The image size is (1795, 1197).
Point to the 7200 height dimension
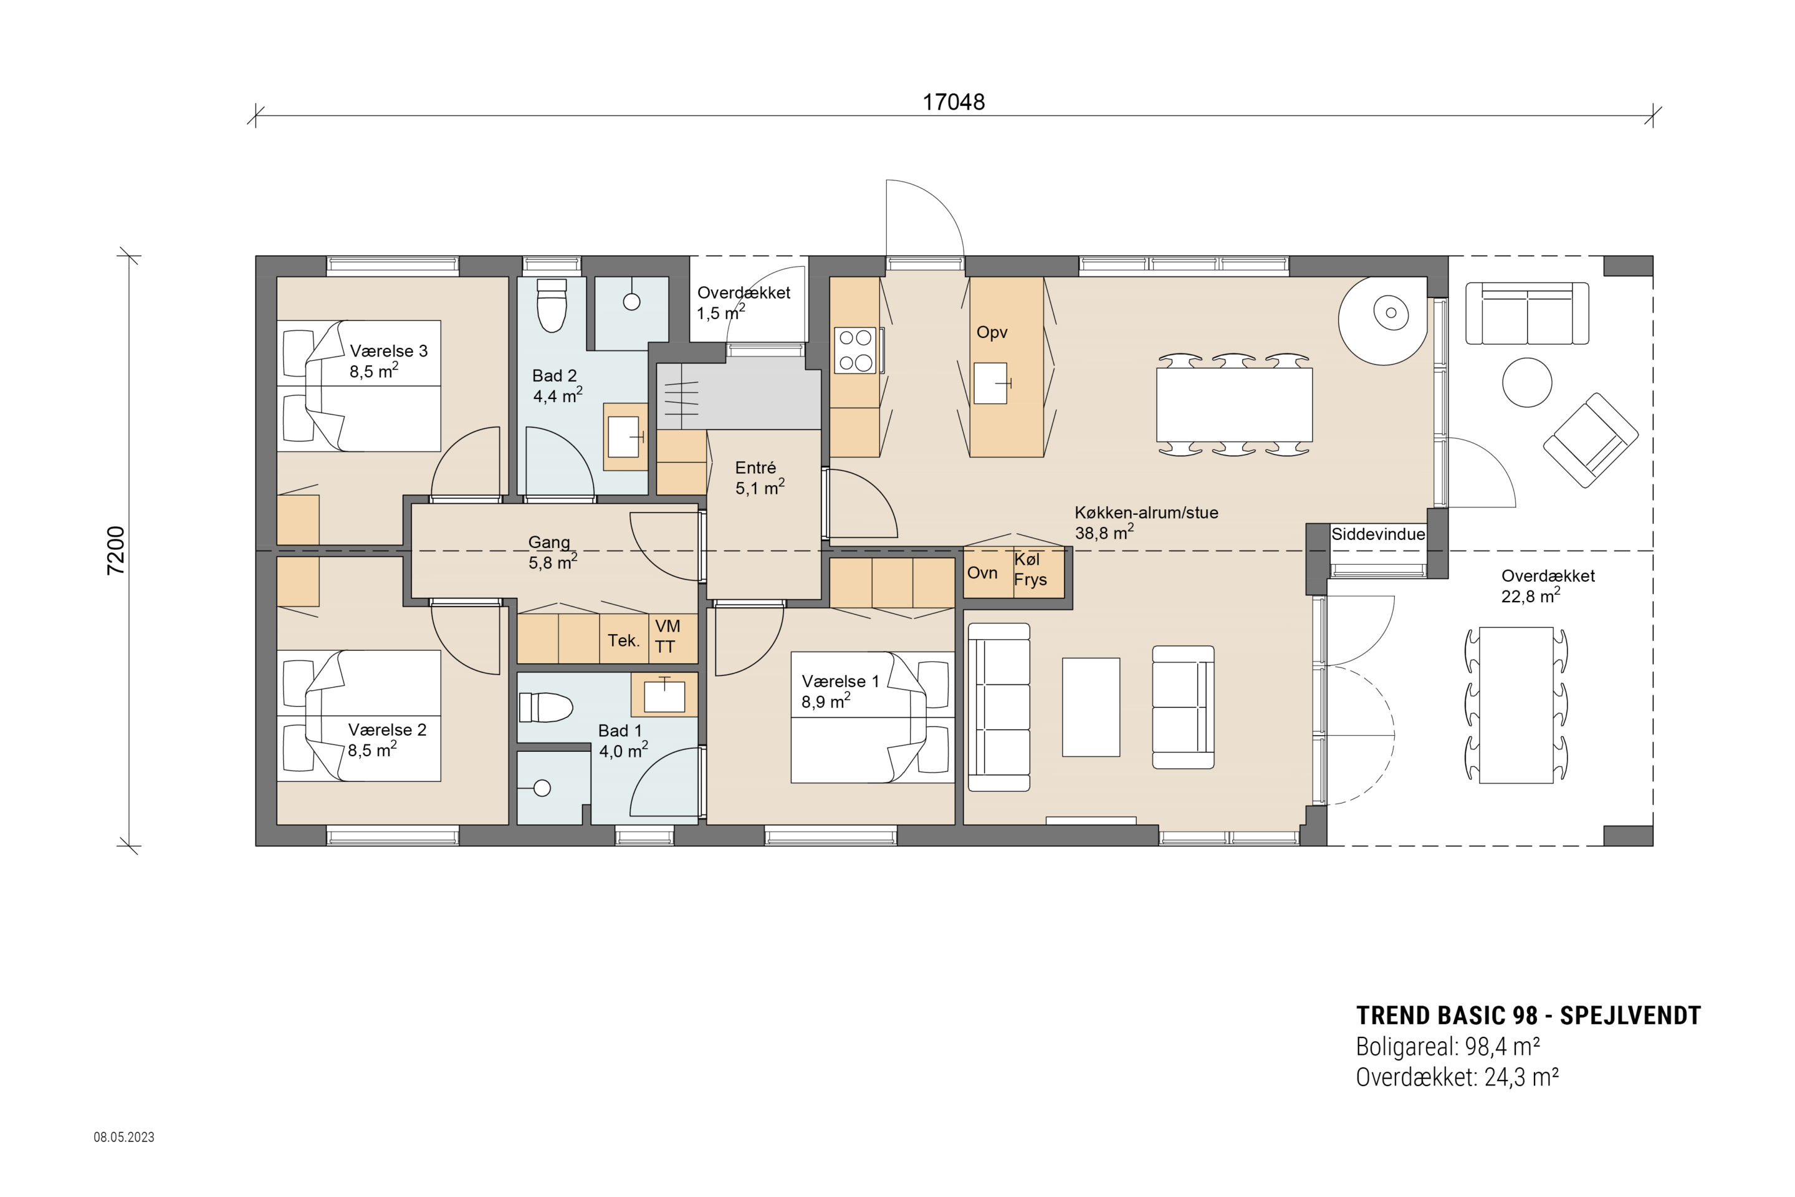(115, 550)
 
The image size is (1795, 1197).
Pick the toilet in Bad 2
(552, 305)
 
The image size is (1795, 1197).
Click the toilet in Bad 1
(546, 708)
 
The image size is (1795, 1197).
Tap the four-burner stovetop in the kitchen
(856, 350)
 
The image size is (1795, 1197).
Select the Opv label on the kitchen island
(992, 333)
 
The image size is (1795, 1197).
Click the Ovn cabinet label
(982, 572)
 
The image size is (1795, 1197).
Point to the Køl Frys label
(1030, 569)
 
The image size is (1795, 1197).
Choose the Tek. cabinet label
(623, 640)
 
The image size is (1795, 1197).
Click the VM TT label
(667, 637)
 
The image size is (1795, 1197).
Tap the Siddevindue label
(1378, 534)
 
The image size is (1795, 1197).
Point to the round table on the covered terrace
(1526, 382)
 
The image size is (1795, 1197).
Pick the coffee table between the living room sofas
(1091, 707)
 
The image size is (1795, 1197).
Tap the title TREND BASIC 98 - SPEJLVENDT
(1529, 1016)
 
